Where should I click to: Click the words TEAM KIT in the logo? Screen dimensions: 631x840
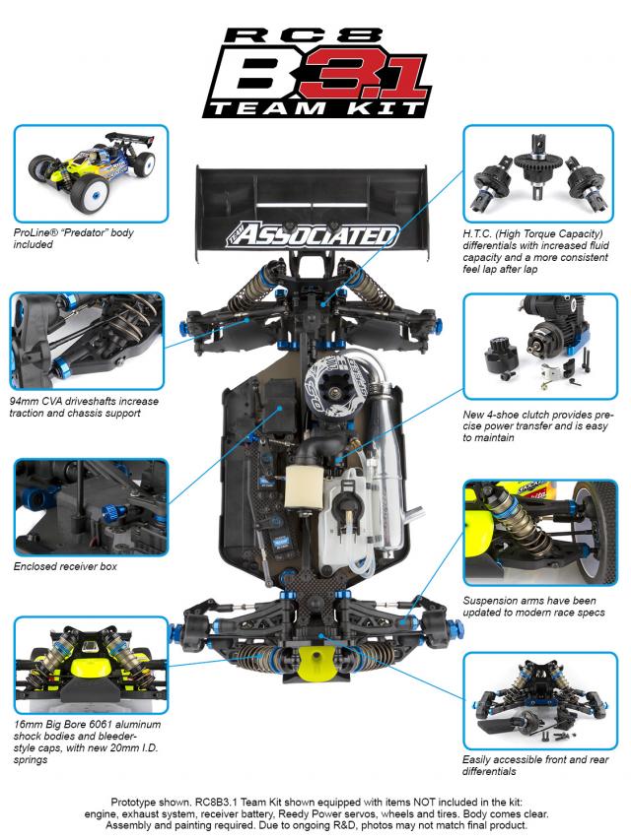(x=316, y=108)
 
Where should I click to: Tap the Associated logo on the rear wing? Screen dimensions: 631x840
(x=312, y=234)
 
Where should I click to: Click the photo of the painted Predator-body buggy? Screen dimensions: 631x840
(x=92, y=173)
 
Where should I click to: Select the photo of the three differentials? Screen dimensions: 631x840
(x=538, y=173)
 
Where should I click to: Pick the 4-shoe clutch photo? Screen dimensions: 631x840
(x=540, y=346)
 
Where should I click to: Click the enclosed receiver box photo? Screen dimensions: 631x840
(x=92, y=507)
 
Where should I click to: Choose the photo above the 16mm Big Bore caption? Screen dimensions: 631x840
(x=92, y=665)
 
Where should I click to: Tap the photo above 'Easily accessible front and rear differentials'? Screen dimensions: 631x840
(x=540, y=701)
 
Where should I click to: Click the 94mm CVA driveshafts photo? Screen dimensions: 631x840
(x=87, y=341)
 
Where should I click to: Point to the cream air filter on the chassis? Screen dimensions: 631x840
(x=302, y=486)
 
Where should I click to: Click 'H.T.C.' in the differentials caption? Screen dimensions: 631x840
(x=477, y=233)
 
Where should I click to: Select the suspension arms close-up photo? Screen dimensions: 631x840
(x=540, y=533)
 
